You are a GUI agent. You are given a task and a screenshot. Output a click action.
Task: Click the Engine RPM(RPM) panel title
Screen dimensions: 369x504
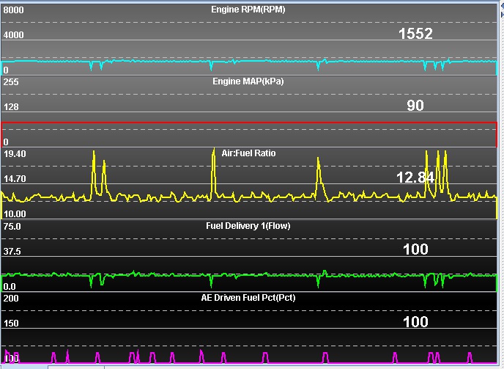(248, 10)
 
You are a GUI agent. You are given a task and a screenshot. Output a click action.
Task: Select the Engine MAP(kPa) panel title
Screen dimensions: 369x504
(248, 81)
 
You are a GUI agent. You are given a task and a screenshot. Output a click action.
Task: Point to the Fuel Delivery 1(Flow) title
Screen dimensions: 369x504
(248, 226)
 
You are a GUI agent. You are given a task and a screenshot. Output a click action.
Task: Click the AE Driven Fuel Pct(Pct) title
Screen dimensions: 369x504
(248, 298)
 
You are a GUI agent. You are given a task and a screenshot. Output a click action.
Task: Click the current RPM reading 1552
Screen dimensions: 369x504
(415, 34)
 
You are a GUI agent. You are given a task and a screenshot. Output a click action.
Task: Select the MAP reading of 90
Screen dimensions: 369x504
(415, 106)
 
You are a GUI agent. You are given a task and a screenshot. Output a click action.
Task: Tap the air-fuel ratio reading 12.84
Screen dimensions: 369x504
(415, 177)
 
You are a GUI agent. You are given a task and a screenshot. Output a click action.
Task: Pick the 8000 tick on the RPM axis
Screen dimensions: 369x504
(14, 11)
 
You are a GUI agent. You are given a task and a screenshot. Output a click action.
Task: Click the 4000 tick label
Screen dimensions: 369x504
(14, 34)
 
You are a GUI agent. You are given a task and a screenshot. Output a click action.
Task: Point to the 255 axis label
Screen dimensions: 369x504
(11, 82)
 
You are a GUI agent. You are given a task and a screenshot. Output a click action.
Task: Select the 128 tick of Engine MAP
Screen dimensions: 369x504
(11, 106)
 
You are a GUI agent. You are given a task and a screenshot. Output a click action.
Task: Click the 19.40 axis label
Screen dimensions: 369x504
(15, 154)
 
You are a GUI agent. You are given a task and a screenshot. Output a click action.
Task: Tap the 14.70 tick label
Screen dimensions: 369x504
(15, 178)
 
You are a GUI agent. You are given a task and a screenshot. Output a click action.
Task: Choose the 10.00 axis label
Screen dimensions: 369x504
(15, 213)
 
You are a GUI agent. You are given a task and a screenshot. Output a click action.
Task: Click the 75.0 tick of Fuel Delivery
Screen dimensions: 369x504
(12, 227)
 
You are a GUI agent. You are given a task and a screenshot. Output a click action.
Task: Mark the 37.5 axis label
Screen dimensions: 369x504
(12, 251)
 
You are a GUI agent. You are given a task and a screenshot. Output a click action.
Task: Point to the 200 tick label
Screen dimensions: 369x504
(11, 299)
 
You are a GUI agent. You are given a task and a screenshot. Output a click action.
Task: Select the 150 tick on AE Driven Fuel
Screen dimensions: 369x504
(11, 323)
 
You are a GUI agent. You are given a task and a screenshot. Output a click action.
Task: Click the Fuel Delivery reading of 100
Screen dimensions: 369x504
(415, 249)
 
